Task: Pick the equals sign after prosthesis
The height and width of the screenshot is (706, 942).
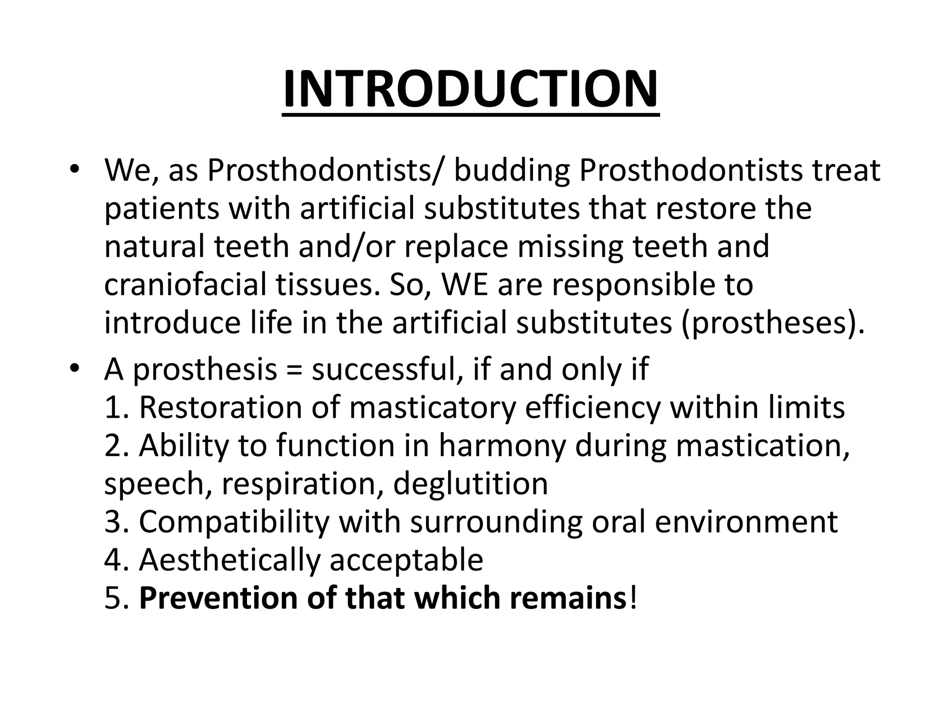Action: coord(294,369)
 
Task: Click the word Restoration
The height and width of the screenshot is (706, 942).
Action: coord(220,407)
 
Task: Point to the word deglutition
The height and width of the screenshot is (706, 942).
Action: coord(471,484)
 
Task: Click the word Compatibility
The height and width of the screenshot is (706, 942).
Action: coord(234,522)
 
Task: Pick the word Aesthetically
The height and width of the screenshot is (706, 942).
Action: coord(229,560)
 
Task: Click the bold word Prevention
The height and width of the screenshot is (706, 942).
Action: coord(218,598)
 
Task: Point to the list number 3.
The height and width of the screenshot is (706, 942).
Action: coord(113,522)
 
